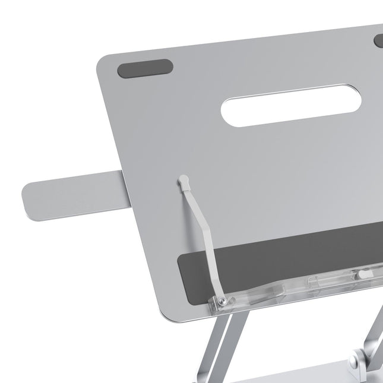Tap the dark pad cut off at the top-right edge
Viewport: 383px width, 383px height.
[x=378, y=41]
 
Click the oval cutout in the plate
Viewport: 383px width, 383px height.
[x=274, y=109]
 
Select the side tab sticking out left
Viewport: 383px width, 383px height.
[x=71, y=192]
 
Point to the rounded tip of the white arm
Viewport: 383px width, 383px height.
[x=183, y=178]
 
